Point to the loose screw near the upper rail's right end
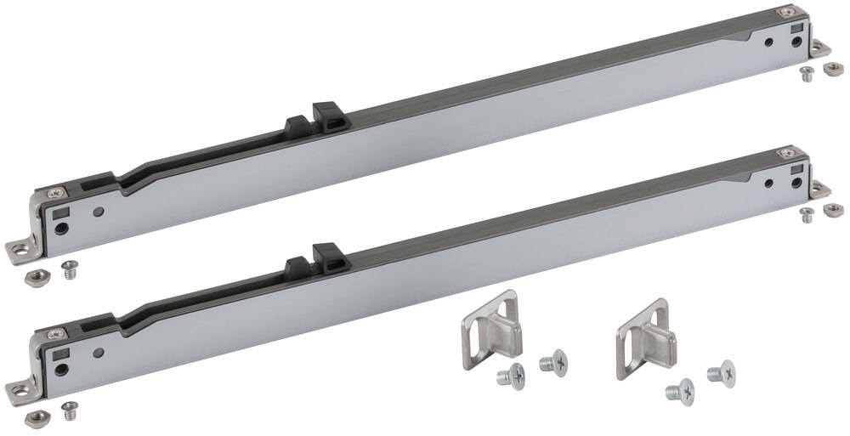point(805,73)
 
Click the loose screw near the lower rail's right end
point(805,212)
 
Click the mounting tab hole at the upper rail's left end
point(17,250)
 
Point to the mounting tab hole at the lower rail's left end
point(16,390)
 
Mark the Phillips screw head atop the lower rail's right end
point(787,154)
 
